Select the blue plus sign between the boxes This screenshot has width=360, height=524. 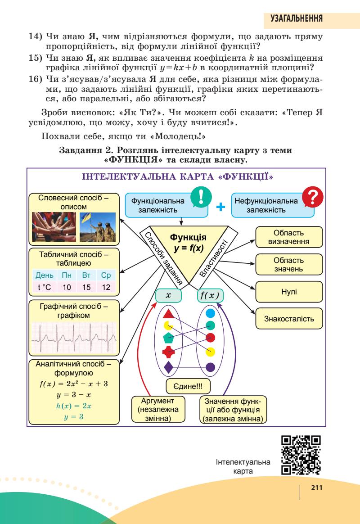220,207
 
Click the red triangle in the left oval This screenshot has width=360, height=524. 168,313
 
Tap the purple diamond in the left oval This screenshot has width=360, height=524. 168,367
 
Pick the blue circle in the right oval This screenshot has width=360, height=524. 210,312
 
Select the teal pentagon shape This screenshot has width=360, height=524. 168,338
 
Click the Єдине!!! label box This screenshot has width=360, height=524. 189,386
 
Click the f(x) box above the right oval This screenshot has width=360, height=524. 211,295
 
